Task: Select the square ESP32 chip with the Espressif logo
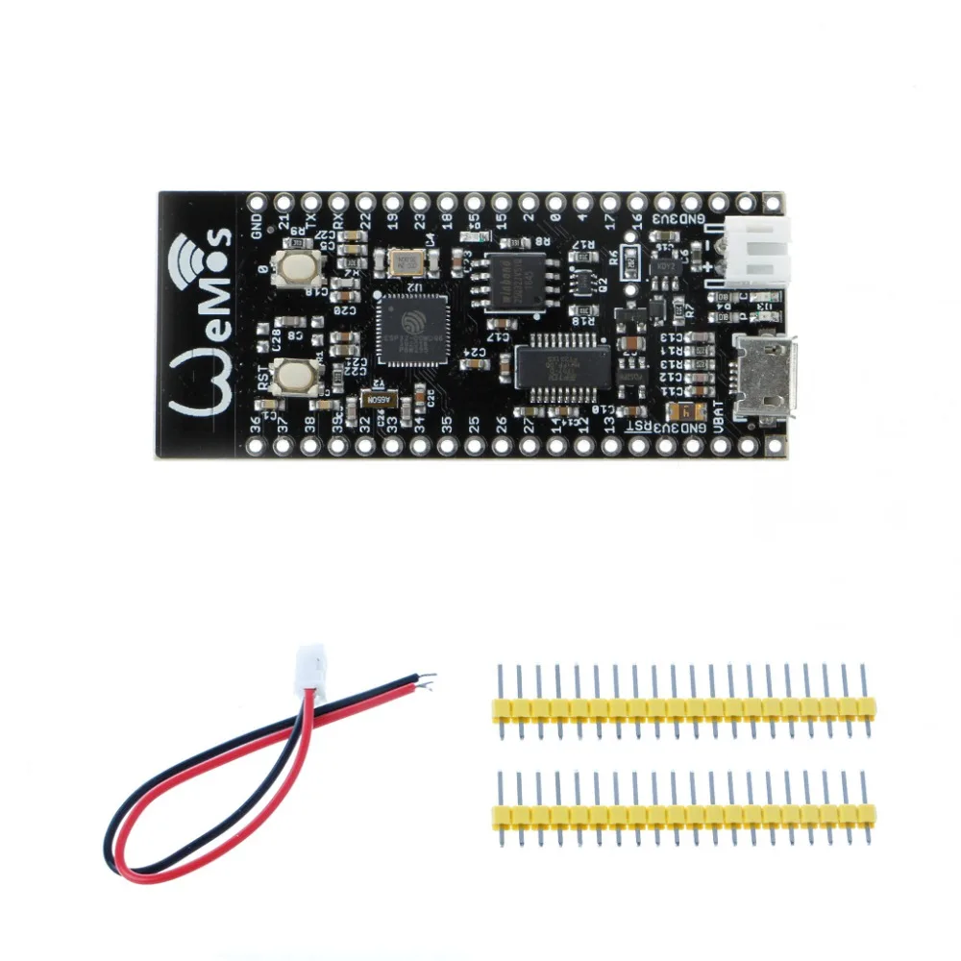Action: pos(412,330)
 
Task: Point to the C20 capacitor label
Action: pos(347,309)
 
